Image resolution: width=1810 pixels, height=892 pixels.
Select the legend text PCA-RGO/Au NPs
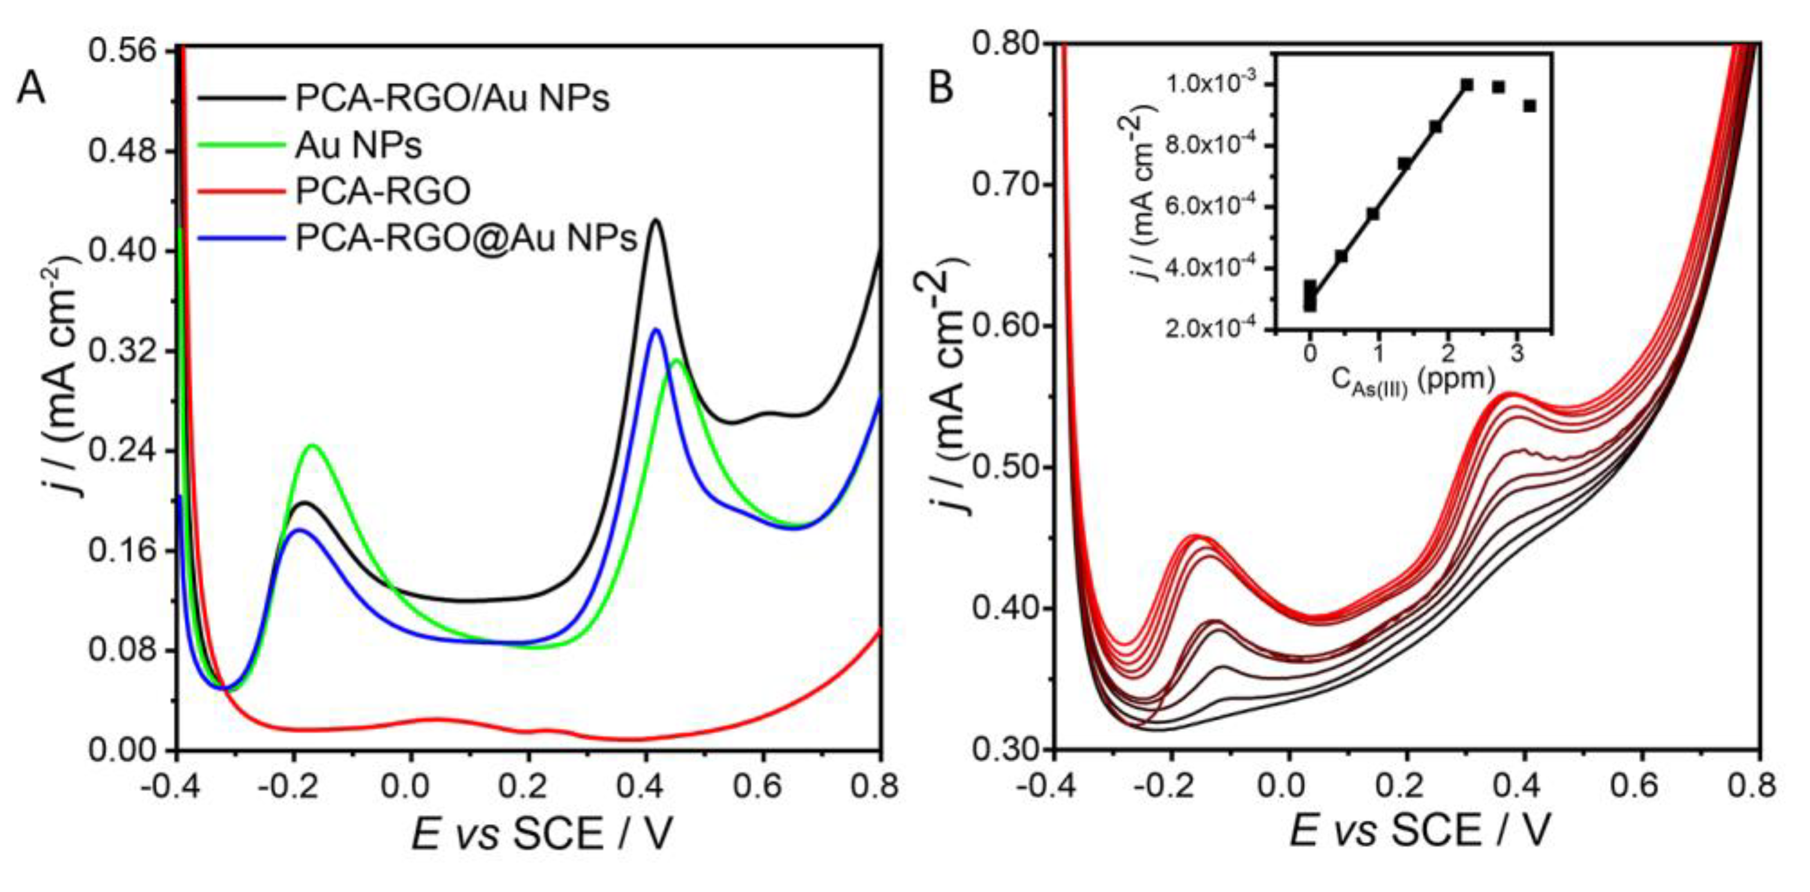452,99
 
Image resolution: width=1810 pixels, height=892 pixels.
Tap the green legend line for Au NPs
241,145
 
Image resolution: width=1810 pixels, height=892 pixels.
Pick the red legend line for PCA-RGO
241,191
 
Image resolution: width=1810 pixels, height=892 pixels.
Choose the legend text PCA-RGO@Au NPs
465,238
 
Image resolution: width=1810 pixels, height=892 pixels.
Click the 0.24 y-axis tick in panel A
124,451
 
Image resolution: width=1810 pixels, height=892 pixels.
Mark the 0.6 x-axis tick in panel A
762,786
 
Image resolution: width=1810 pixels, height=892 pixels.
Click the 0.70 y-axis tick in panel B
1004,185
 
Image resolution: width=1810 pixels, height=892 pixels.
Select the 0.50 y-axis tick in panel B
1004,467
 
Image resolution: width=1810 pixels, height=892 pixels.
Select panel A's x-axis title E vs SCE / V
541,834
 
